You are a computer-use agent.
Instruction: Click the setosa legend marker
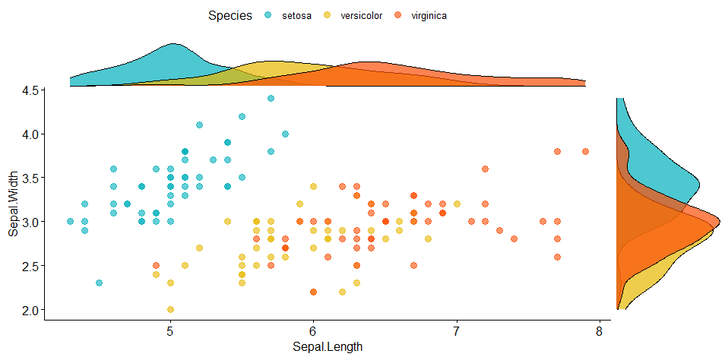pyautogui.click(x=268, y=15)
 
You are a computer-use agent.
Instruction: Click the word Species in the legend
pyautogui.click(x=230, y=15)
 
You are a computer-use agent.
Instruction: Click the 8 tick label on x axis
pyautogui.click(x=600, y=332)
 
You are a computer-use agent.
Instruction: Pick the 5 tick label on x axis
pyautogui.click(x=170, y=332)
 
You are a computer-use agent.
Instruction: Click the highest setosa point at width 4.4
pyautogui.click(x=271, y=99)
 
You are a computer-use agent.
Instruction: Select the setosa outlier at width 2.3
pyautogui.click(x=99, y=283)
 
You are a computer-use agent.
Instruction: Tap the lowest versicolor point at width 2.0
pyautogui.click(x=170, y=309)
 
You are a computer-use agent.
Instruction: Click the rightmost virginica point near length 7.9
pyautogui.click(x=585, y=152)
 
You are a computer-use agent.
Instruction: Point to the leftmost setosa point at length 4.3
pyautogui.click(x=70, y=222)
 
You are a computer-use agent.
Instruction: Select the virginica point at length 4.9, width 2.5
pyautogui.click(x=156, y=266)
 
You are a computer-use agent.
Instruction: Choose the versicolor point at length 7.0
pyautogui.click(x=457, y=204)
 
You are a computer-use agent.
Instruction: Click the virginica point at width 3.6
pyautogui.click(x=485, y=169)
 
